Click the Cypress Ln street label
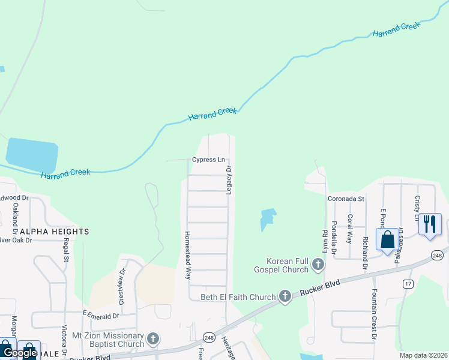coord(208,160)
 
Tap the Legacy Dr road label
coord(229,181)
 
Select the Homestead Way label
coord(187,256)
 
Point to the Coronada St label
coord(346,199)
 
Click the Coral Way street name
coord(350,229)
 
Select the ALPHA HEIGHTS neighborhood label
coord(55,232)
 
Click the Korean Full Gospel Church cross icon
coord(318,264)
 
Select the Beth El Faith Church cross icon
coord(285,296)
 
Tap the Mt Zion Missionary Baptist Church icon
coord(153,340)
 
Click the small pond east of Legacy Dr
coord(267,218)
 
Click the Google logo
coord(20,353)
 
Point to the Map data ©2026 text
coord(424,355)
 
